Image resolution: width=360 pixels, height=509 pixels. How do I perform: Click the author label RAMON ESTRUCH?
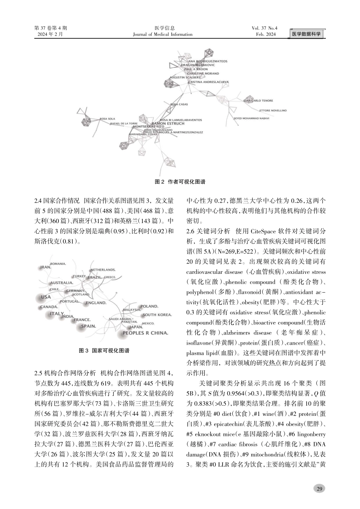click(167, 123)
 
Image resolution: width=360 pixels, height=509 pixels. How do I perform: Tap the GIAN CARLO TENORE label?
click(258, 101)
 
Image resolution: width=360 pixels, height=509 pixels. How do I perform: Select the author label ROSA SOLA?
click(107, 119)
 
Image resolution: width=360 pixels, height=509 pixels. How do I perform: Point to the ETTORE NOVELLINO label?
click(273, 111)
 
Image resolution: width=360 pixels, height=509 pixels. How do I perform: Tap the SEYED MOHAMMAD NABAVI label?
click(251, 118)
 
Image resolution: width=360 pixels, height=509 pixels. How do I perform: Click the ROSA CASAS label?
click(179, 104)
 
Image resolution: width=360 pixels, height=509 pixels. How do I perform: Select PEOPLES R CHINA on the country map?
click(145, 333)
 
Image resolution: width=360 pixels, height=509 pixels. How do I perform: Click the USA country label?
click(45, 297)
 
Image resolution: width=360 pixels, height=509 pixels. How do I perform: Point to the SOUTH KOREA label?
click(157, 315)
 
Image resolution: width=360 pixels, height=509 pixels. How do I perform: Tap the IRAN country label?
click(45, 267)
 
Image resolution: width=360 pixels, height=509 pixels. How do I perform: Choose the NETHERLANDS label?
click(103, 270)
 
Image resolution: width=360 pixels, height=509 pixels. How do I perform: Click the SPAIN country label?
click(89, 326)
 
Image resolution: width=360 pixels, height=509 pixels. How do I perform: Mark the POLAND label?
click(149, 306)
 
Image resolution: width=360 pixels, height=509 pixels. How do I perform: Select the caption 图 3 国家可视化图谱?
click(104, 351)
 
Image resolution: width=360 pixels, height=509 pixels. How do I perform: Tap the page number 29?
click(319, 489)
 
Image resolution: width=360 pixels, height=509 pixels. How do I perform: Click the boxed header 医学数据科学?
click(306, 34)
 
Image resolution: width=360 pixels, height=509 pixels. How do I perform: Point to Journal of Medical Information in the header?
click(163, 34)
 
